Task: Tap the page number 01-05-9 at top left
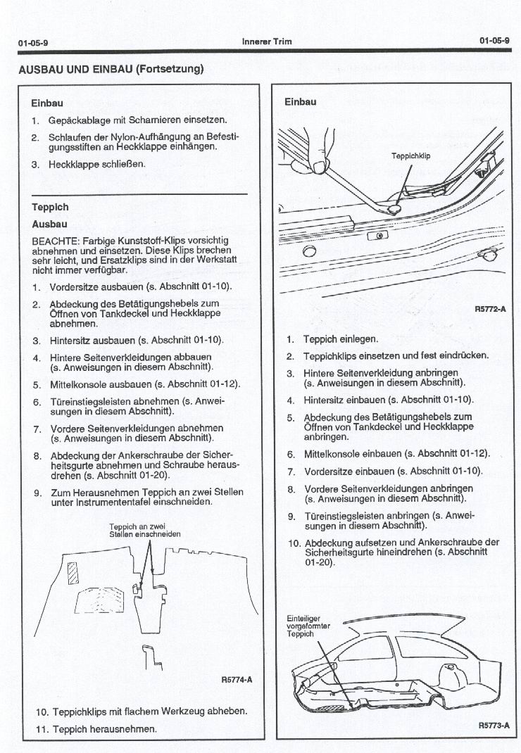pos(33,42)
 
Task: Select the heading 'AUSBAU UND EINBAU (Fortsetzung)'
pos(111,68)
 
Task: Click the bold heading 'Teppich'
pos(50,208)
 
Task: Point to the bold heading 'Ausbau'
pos(49,224)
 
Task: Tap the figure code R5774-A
pos(236,680)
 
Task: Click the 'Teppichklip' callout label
pos(410,156)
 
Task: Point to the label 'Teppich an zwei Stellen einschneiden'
pos(145,530)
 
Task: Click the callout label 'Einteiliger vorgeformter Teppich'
pos(304,626)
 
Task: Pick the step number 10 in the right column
pos(294,543)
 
